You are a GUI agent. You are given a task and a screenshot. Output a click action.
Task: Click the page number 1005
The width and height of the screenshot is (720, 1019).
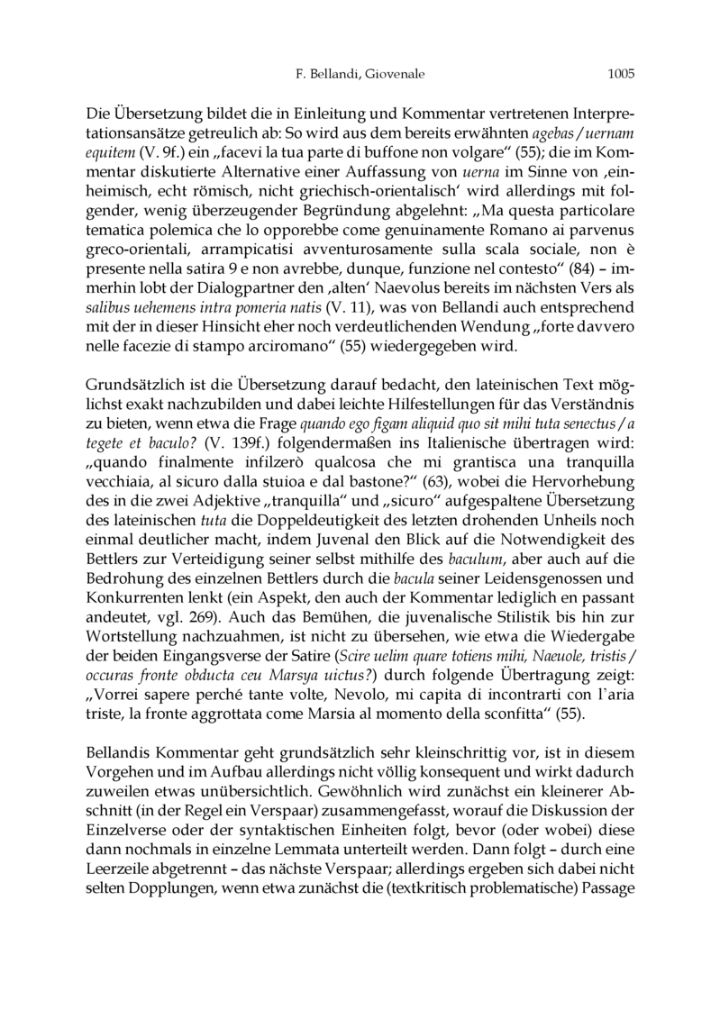pyautogui.click(x=622, y=77)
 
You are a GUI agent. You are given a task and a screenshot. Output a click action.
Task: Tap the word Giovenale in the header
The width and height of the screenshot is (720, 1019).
pyautogui.click(x=393, y=77)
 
